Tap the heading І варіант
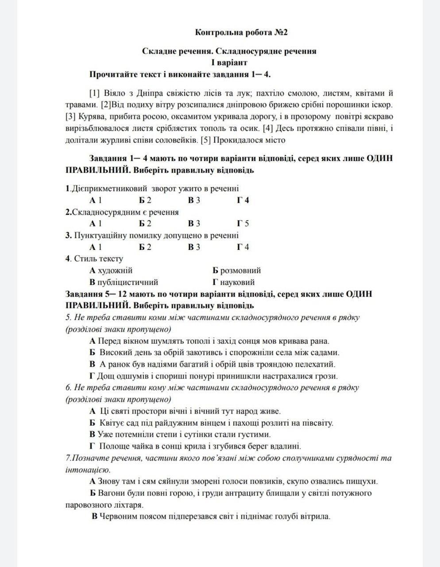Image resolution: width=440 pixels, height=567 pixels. pyautogui.click(x=229, y=62)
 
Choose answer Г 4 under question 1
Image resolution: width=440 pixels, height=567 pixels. pyautogui.click(x=243, y=200)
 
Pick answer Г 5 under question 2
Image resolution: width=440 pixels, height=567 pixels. pyautogui.click(x=243, y=223)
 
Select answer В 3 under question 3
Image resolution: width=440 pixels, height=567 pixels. pyautogui.click(x=194, y=247)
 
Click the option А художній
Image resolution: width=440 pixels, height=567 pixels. pyautogui.click(x=111, y=270)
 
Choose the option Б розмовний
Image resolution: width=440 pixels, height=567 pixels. pyautogui.click(x=236, y=270)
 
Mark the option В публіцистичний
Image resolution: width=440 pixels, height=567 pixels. pyautogui.click(x=124, y=282)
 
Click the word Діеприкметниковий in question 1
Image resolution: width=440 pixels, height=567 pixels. pyautogui.click(x=103, y=188)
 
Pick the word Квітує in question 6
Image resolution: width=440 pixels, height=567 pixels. pyautogui.click(x=112, y=423)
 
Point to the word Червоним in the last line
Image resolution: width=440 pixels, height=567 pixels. pyautogui.click(x=116, y=517)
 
